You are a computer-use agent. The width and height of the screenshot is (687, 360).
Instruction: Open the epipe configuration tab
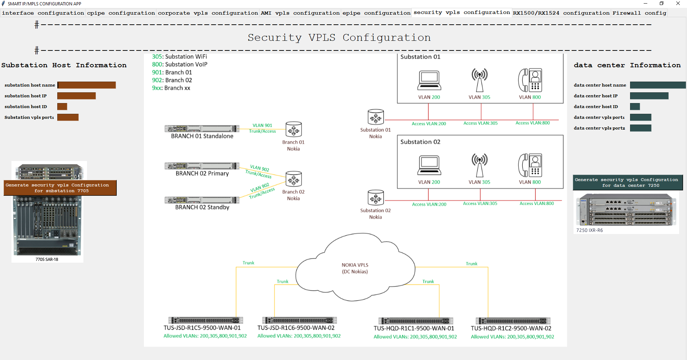[376, 13]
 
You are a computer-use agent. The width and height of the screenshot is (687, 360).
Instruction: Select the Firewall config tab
[639, 13]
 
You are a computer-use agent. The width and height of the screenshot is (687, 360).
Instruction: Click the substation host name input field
[87, 85]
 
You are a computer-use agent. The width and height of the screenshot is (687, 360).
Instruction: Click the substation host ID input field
[62, 107]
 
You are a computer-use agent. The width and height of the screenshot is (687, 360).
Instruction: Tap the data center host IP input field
[649, 96]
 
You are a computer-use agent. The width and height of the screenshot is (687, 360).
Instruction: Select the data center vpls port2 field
[640, 128]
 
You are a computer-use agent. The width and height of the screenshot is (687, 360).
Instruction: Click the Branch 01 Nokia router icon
[294, 129]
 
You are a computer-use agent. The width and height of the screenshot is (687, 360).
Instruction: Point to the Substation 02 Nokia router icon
[376, 198]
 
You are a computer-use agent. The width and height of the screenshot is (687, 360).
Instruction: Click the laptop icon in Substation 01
[429, 81]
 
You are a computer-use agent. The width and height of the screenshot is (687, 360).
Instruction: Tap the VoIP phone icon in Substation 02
[530, 165]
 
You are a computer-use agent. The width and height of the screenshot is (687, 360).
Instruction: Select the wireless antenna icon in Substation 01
[479, 80]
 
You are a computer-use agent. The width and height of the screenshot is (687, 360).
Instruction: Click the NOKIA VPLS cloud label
[355, 268]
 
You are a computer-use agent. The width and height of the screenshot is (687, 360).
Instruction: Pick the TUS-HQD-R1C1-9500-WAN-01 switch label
[414, 329]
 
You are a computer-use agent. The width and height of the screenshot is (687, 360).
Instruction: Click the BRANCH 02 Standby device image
[202, 200]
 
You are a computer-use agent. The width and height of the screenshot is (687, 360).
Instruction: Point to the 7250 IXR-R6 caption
[590, 230]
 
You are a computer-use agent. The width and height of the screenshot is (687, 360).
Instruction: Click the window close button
[678, 4]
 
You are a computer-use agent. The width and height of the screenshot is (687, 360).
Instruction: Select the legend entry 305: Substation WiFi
[179, 57]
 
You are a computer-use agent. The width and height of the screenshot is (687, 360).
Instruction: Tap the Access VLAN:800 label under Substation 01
[533, 123]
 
